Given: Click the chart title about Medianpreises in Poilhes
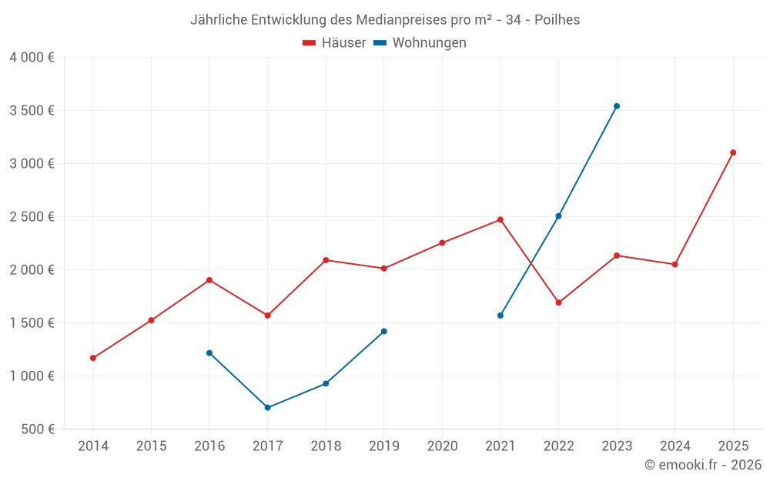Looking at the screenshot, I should (385, 20).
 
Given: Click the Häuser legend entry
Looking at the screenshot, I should (334, 43).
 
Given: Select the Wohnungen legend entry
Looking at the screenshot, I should (420, 43).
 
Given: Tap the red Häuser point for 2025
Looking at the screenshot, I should (733, 152).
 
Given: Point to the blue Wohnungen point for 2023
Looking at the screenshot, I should (617, 106).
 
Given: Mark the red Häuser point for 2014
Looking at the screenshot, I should (93, 358).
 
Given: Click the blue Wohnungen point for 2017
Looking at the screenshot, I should (267, 408).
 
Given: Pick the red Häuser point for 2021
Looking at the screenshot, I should (500, 219).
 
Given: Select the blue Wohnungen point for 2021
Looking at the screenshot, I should (500, 316).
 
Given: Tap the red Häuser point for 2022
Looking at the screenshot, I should (558, 302).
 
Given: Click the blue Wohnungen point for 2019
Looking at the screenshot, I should (384, 332).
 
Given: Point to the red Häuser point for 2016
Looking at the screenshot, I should (209, 280).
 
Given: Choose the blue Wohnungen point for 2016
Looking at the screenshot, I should (209, 353).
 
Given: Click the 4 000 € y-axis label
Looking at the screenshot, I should (32, 58).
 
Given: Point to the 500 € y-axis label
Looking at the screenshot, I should (37, 429).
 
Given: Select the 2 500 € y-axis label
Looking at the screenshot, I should (32, 217).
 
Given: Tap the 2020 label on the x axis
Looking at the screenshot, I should (442, 446).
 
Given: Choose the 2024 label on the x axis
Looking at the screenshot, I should (675, 446).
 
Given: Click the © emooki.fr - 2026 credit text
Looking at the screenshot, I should (702, 465).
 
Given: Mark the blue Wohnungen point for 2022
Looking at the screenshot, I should (558, 216).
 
